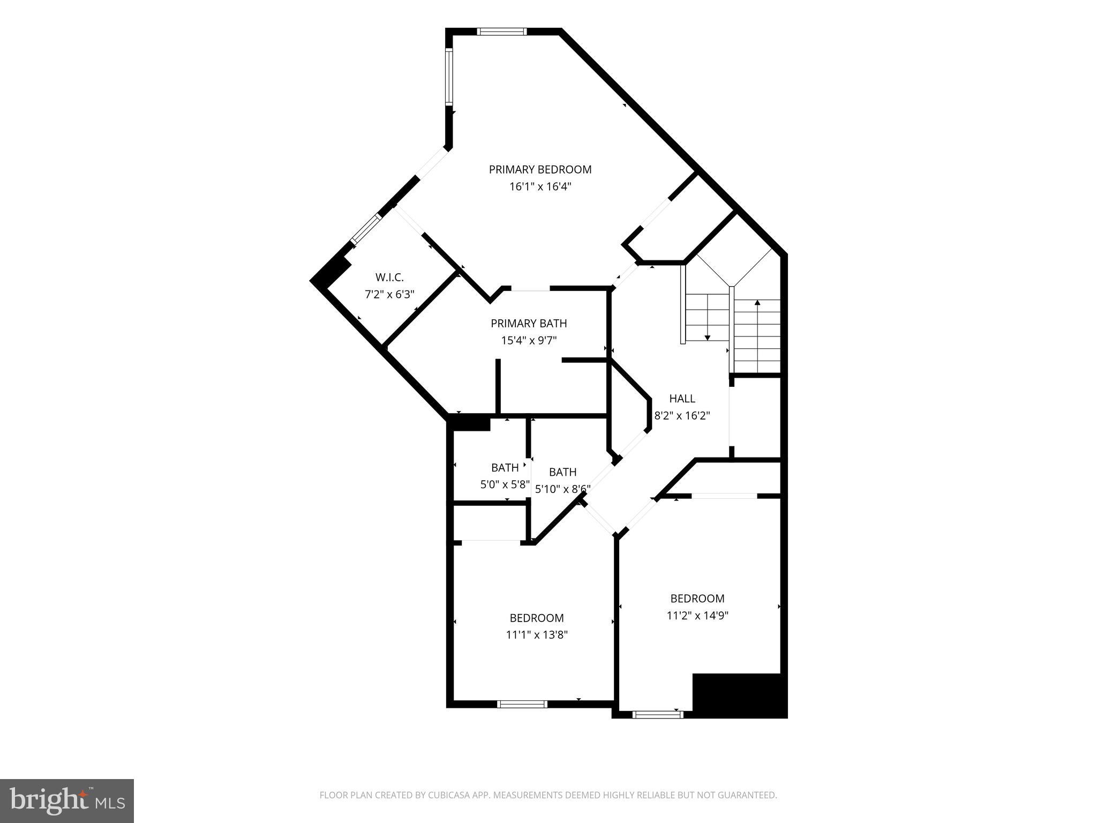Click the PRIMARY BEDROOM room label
tap(540, 170)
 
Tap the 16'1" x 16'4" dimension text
tap(540, 187)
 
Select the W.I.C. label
tap(389, 278)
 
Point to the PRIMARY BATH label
tap(529, 324)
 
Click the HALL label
tap(682, 399)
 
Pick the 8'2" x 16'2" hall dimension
tap(682, 416)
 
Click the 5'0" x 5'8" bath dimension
tap(505, 485)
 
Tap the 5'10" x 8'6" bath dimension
tap(562, 489)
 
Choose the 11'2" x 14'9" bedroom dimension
tap(697, 616)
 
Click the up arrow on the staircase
tap(757, 303)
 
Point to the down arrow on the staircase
tap(708, 337)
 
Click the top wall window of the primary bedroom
tap(502, 32)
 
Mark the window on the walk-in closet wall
tap(365, 229)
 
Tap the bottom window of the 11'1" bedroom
tap(522, 704)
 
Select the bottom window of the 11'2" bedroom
tap(658, 714)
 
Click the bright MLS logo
tap(67, 800)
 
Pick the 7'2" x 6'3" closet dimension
tap(389, 295)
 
